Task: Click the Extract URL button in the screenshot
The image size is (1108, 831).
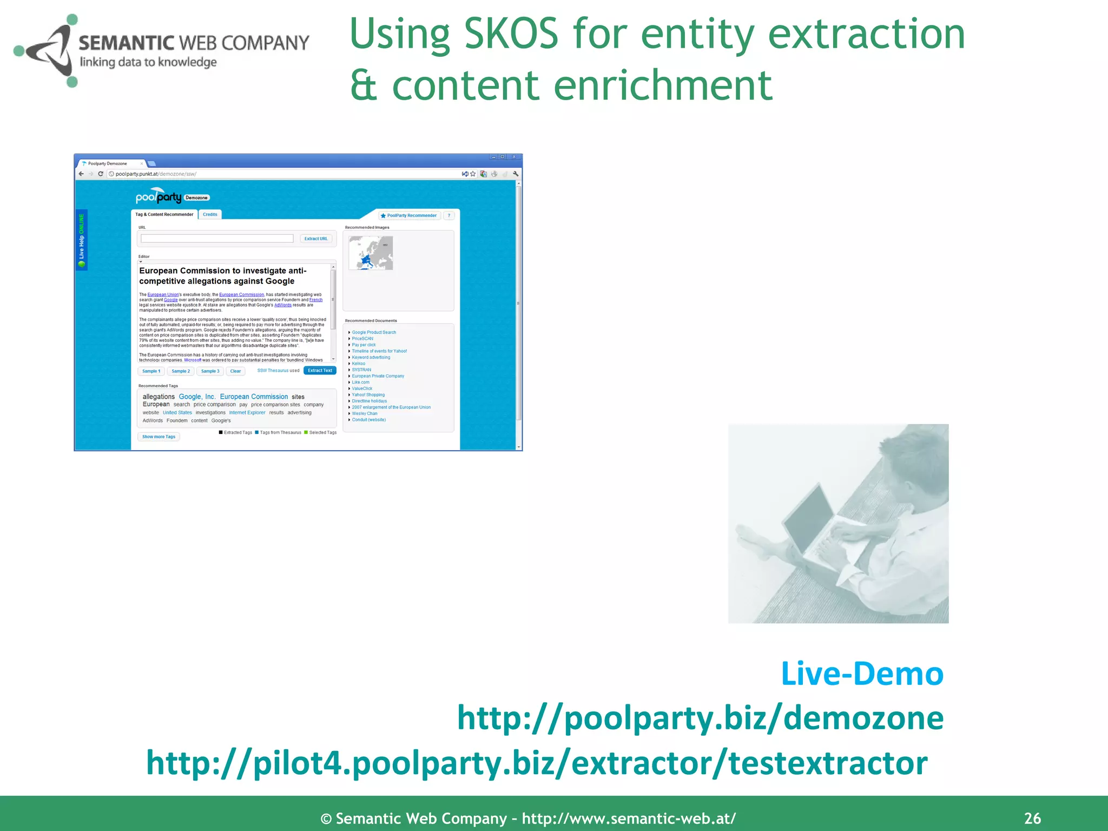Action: [x=316, y=239]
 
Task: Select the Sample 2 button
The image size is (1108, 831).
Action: [x=181, y=371]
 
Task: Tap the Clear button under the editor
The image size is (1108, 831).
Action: [x=235, y=371]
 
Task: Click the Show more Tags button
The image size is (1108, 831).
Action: [x=159, y=437]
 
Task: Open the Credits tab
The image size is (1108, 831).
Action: [x=210, y=215]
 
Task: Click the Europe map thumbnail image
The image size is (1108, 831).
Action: [x=371, y=253]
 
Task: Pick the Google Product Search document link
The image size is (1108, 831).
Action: [x=374, y=332]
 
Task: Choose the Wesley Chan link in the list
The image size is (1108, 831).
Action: [x=365, y=413]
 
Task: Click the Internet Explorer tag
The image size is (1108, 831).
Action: [x=247, y=413]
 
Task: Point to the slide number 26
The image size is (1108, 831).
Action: [x=1032, y=818]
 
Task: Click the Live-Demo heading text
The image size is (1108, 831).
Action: [x=862, y=674]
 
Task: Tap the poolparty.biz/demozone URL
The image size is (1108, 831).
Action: [x=700, y=718]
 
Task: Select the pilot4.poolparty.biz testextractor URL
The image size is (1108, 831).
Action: [x=537, y=763]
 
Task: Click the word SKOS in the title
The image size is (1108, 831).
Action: [x=511, y=34]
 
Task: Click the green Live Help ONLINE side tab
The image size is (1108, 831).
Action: [x=82, y=240]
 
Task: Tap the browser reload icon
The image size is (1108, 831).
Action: [x=101, y=174]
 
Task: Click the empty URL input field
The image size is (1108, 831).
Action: [x=217, y=239]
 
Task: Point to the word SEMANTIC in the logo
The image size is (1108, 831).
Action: [x=126, y=43]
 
